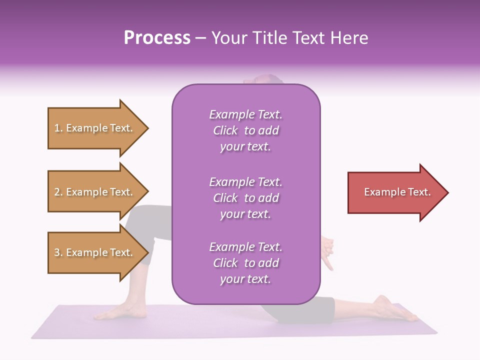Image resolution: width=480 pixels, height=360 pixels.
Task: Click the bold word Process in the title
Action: pos(157,38)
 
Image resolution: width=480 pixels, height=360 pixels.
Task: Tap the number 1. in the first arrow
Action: pos(58,128)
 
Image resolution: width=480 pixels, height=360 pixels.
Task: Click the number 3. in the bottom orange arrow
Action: pos(58,253)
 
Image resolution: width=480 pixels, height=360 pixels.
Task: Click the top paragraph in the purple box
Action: pos(245,130)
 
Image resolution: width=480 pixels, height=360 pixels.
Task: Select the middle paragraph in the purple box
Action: pos(245,198)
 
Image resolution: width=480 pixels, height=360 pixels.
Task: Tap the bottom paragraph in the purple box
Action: pos(245,263)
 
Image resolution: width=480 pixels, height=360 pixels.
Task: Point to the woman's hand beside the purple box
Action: pos(328,252)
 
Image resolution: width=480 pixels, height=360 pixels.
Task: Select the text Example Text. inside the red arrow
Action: pos(397,192)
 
